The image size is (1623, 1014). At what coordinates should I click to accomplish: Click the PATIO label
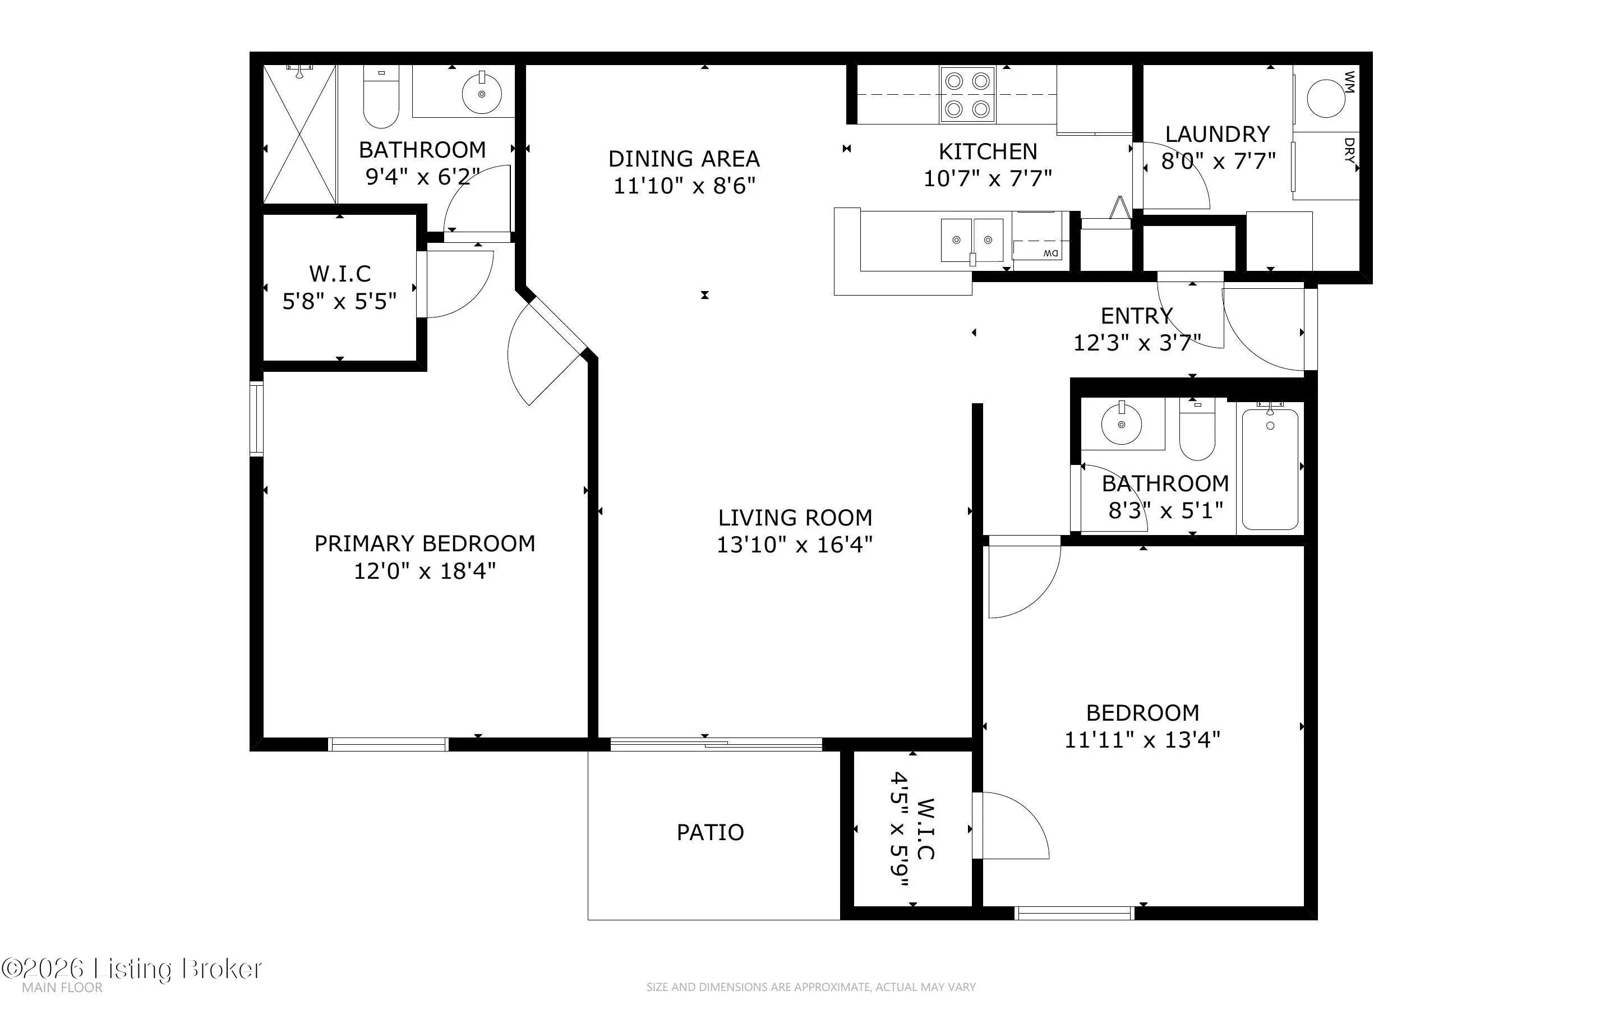[x=710, y=832]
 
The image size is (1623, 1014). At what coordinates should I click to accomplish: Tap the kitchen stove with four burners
[x=967, y=95]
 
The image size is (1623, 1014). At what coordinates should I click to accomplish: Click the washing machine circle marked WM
[x=1326, y=98]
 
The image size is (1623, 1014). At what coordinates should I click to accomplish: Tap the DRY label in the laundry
[x=1349, y=151]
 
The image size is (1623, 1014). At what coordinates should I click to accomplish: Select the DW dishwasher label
[x=1050, y=253]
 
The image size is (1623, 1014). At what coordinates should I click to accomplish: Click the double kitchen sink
[x=972, y=239]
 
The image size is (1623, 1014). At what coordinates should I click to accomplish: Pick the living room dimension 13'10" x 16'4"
[x=795, y=545]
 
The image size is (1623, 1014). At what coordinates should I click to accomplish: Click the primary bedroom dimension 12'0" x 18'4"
[x=425, y=571]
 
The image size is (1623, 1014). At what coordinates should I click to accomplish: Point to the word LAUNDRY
[x=1218, y=134]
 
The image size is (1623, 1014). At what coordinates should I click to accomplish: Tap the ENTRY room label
[x=1137, y=315]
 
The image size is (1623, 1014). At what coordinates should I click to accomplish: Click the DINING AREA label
[x=684, y=159]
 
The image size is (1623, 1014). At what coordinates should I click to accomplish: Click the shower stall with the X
[x=299, y=134]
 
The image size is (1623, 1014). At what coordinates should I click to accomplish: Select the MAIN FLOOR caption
[x=62, y=988]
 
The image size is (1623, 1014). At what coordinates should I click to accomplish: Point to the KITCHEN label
[x=988, y=151]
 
